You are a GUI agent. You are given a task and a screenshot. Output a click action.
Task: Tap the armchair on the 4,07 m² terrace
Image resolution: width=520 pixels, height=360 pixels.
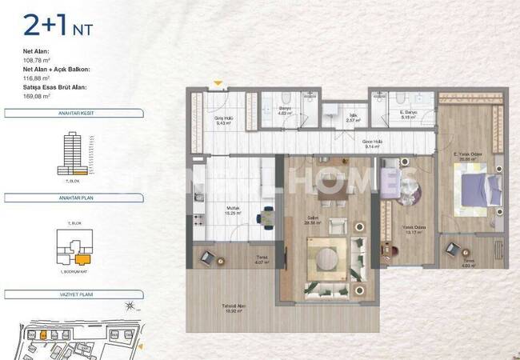tap(208, 257)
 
